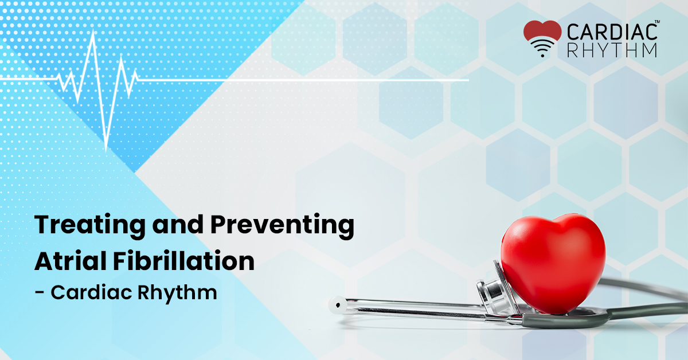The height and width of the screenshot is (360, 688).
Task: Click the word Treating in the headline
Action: click(90, 226)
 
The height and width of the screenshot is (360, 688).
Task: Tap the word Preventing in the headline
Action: click(282, 226)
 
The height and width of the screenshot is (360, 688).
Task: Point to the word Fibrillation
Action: click(183, 261)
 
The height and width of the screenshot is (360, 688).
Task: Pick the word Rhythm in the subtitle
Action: click(177, 293)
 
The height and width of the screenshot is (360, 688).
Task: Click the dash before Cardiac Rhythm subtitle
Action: click(40, 292)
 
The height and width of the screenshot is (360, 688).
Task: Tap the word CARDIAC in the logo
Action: click(612, 32)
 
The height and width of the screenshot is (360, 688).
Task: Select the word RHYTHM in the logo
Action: click(612, 50)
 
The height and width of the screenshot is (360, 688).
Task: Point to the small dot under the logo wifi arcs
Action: click(542, 56)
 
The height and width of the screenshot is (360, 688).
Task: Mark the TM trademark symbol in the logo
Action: click(657, 22)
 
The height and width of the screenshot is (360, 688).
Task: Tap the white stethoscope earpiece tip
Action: click(338, 305)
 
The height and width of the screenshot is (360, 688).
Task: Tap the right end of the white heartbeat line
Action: click(468, 80)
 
